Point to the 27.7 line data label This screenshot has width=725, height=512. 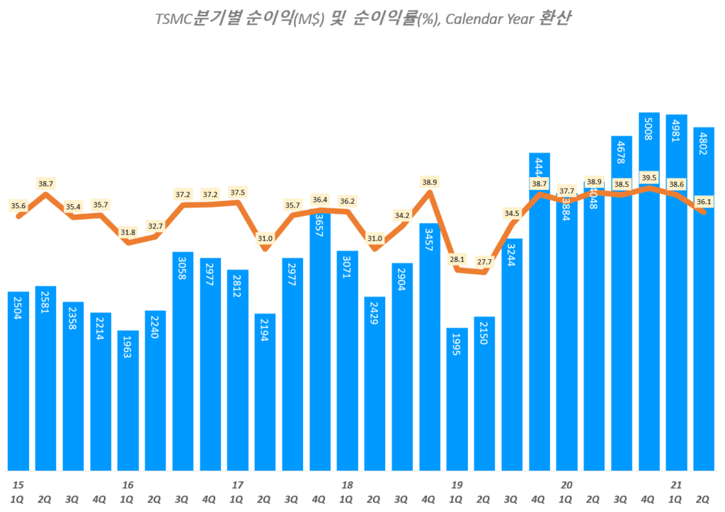point(484,262)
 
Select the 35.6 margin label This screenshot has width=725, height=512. point(18,205)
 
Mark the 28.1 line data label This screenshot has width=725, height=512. point(457,258)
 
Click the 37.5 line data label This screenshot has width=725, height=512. point(238,192)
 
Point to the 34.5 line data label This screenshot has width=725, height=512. point(512,213)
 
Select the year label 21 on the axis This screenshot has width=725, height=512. point(675,485)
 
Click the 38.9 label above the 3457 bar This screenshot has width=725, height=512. point(430,182)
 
